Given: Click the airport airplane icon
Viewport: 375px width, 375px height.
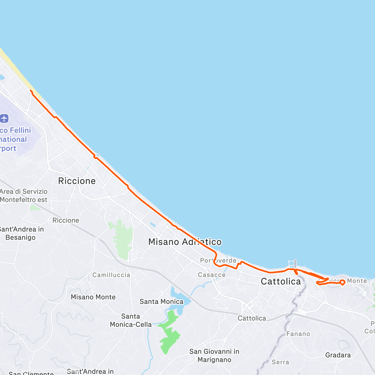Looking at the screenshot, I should pos(4,119).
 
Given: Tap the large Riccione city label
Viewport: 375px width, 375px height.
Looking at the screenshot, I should pos(77,181).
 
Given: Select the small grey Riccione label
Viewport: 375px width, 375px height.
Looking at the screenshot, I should pos(66,220).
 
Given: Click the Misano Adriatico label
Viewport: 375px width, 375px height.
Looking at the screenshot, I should pos(185,242).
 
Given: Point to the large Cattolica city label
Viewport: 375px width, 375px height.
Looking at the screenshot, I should pos(281,281).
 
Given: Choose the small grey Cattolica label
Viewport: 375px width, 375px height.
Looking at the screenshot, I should pos(252,318).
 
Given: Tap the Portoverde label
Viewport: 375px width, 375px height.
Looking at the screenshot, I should pos(218,260).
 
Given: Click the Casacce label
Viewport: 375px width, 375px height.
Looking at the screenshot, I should pos(212,275).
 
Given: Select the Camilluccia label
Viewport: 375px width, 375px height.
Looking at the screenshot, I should pos(111,275).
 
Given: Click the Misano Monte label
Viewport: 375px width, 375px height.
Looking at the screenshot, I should pos(93,297).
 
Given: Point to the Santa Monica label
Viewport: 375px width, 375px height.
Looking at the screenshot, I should pos(161,302).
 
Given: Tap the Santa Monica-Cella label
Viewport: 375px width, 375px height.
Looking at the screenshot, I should pos(131,320).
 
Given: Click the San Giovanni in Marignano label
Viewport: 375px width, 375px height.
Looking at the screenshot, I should pos(214,356).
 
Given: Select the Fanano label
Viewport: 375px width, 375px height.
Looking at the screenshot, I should pos(298,334).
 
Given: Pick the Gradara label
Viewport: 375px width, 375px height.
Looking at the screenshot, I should pos(338,355).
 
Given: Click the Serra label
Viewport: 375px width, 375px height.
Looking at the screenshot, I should pos(280,362).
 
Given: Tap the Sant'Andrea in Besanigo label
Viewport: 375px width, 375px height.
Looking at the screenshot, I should pos(21,233).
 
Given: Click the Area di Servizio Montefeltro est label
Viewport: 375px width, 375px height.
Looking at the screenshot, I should pos(24,196).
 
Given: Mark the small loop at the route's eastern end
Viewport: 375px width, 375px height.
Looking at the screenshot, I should pos(342,282).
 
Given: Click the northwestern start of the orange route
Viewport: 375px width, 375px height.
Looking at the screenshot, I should pos(31,91).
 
